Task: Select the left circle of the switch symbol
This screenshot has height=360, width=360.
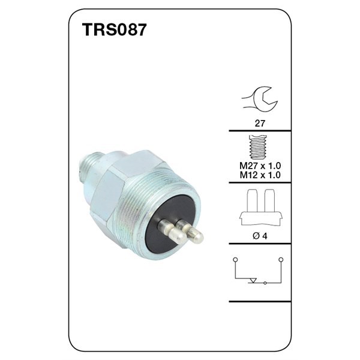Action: click(236, 259)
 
